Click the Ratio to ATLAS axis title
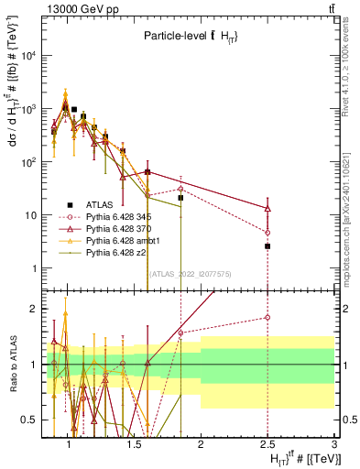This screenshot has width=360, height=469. (x=13, y=365)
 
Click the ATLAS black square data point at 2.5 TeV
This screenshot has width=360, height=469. (x=267, y=246)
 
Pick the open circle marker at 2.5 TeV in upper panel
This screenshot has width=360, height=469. (x=267, y=233)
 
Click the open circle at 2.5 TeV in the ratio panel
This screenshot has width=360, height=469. (x=267, y=317)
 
